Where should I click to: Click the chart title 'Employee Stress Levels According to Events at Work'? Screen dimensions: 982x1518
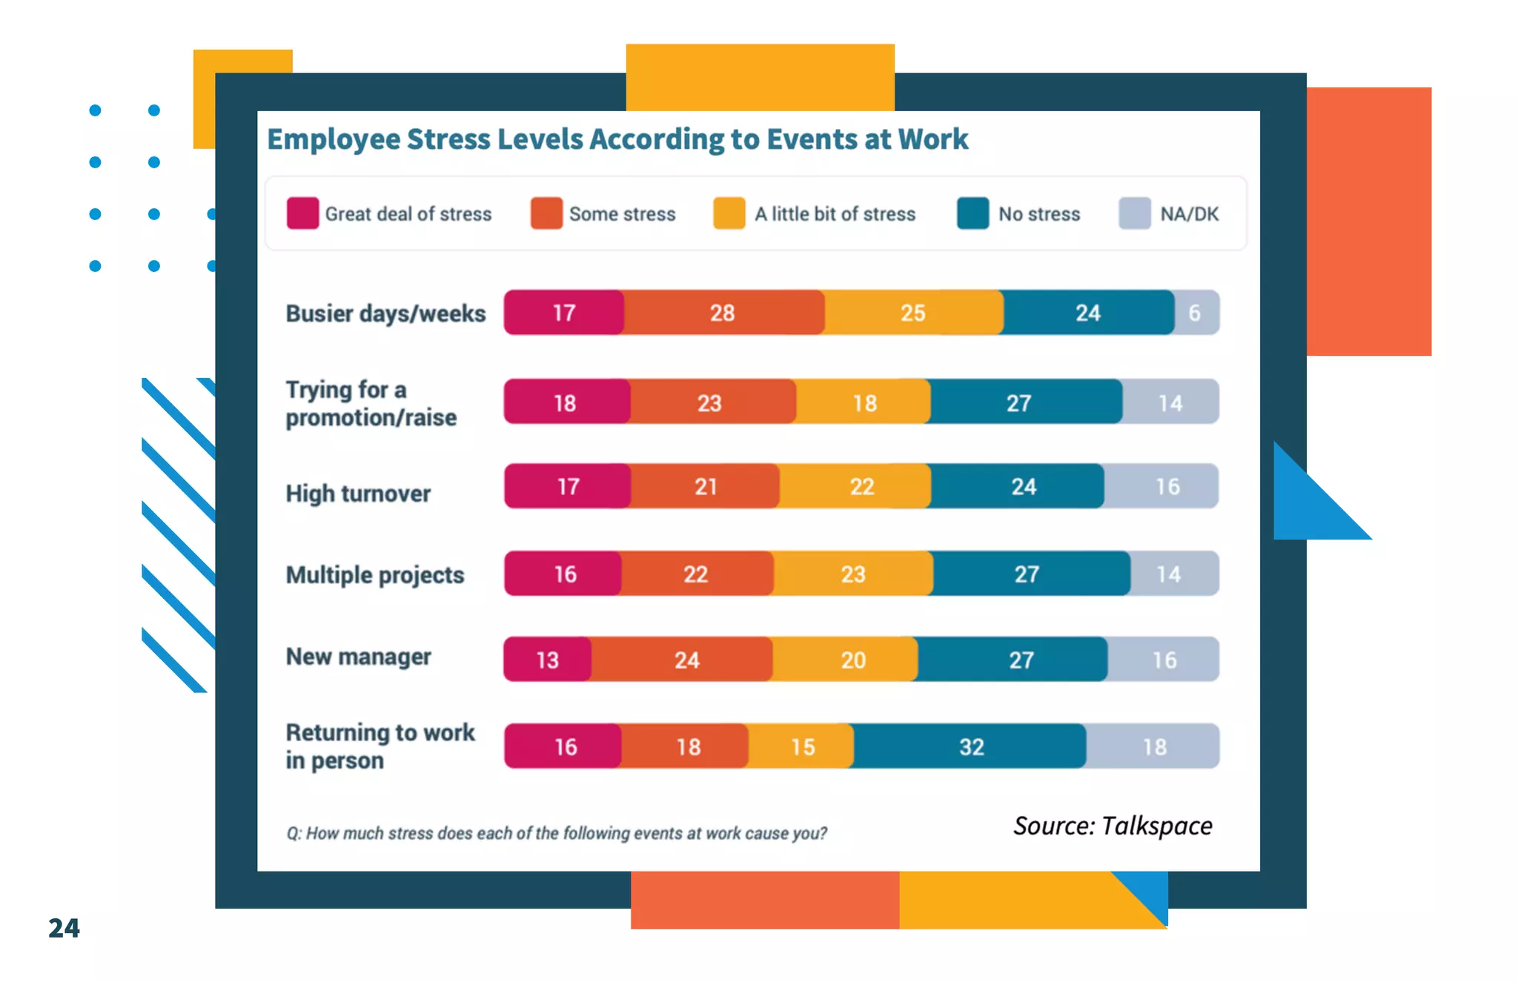pos(617,139)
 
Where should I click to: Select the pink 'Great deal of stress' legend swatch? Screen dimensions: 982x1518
pos(302,213)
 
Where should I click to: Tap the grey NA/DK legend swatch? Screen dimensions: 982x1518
pos(1134,213)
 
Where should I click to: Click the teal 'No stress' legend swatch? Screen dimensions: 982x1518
pos(972,213)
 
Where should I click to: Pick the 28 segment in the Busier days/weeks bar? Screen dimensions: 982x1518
pos(723,313)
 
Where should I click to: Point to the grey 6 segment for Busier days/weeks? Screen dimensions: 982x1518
pos(1196,313)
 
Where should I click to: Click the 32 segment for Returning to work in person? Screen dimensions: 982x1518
pos(970,746)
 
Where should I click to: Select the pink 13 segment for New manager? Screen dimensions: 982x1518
pos(548,660)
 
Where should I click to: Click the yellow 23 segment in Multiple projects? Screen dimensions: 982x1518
pos(853,574)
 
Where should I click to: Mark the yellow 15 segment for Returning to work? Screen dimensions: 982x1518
pos(801,746)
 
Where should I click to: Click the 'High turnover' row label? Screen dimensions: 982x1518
pos(358,494)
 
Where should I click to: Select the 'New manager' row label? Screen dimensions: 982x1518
pos(358,657)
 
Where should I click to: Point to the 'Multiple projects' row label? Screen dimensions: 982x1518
pos(375,575)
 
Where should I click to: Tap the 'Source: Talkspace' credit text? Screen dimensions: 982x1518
pos(1113,826)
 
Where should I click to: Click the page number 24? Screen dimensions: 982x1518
pos(64,928)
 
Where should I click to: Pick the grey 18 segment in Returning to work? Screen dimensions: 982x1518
pos(1153,746)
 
